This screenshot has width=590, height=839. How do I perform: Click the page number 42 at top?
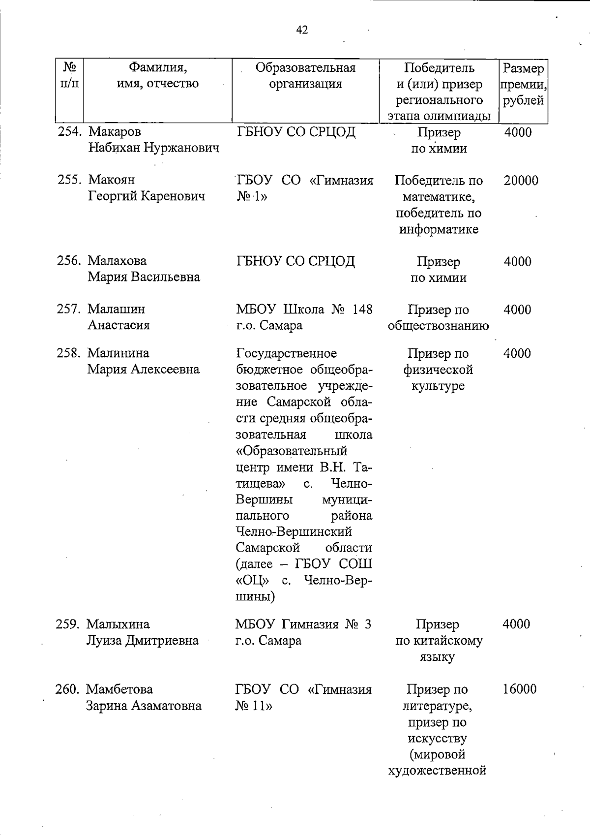click(302, 31)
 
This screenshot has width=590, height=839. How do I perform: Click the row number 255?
click(69, 180)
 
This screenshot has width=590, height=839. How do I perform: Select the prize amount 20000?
click(521, 181)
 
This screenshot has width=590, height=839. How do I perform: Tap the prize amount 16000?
click(519, 689)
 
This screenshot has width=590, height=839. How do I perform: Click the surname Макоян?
click(111, 180)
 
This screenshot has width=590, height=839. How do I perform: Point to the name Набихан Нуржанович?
click(153, 148)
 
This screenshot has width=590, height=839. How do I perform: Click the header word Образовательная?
click(305, 67)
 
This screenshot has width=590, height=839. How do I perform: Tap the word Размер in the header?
click(523, 68)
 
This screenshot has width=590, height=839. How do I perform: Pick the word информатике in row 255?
click(439, 230)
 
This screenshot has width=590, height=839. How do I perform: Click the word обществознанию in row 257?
click(438, 326)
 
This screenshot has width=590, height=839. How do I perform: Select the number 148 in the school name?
click(361, 310)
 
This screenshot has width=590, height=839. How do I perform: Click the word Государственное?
click(286, 353)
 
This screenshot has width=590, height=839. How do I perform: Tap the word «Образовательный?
click(291, 451)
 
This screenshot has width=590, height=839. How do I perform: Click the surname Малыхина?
click(118, 624)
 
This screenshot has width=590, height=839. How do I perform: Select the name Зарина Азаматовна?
click(144, 706)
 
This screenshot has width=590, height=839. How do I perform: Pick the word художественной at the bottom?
click(437, 771)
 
